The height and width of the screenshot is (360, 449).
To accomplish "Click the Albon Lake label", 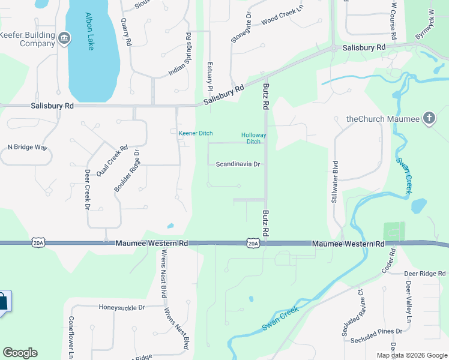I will [91, 31].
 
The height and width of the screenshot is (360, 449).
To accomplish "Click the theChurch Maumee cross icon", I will [429, 118].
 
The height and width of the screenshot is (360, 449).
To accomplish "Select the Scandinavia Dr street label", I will [238, 164].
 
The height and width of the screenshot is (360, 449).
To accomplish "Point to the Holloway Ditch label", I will [253, 139].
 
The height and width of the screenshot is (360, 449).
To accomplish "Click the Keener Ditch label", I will [196, 133].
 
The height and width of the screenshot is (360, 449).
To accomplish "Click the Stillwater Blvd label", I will [335, 181].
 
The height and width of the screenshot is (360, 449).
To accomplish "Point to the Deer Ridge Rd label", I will [424, 274].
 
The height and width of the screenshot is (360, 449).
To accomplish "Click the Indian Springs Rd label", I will [181, 55].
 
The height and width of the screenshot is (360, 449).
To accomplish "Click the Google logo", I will [20, 353].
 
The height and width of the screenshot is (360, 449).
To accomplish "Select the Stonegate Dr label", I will [238, 27].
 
